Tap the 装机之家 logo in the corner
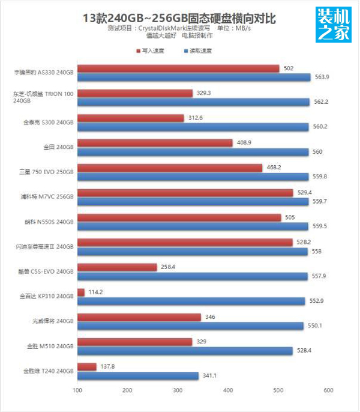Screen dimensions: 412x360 point(333,26)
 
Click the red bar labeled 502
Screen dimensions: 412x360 point(178,68)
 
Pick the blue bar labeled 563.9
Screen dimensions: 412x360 point(194,77)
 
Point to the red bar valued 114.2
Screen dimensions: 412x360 point(81,292)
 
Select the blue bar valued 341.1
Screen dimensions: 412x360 point(138,376)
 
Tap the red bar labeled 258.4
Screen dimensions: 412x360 point(117,267)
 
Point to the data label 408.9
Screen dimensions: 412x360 point(245,143)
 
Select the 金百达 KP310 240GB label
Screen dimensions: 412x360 point(47,295)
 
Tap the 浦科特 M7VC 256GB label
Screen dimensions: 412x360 point(47,196)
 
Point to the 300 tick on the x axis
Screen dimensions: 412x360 point(178,391)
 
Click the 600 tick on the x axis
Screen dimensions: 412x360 point(328,391)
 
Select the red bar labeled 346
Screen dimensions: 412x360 point(139,317)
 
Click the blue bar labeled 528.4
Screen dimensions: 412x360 point(185,351)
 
